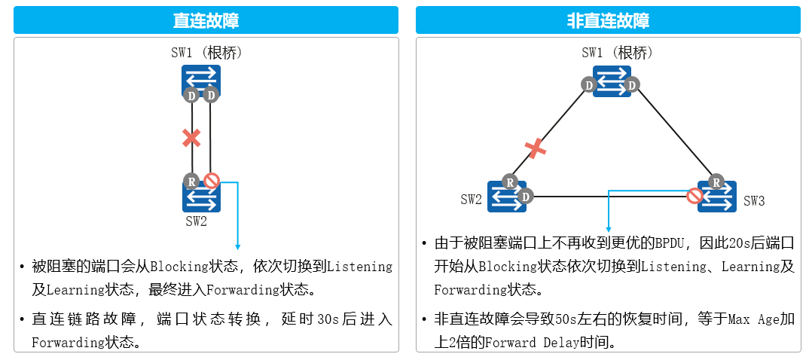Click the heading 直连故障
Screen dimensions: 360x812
[x=206, y=20]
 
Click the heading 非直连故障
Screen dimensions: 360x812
[x=608, y=20]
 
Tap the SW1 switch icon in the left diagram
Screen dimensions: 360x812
[x=201, y=78]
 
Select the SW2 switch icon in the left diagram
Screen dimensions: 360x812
[x=201, y=197]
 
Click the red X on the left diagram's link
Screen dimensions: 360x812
[x=191, y=138]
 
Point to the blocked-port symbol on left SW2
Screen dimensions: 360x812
[x=212, y=181]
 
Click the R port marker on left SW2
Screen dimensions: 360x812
[x=191, y=181]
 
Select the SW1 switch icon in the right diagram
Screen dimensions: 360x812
[x=611, y=80]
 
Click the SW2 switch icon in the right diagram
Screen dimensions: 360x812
[x=506, y=197]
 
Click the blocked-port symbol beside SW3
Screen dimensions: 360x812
[x=694, y=196]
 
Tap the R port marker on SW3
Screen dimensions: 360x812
[x=716, y=181]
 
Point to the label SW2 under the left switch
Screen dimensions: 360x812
[x=196, y=221]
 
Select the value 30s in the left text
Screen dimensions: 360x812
[x=328, y=319]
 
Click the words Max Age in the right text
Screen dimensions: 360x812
[x=753, y=319]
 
